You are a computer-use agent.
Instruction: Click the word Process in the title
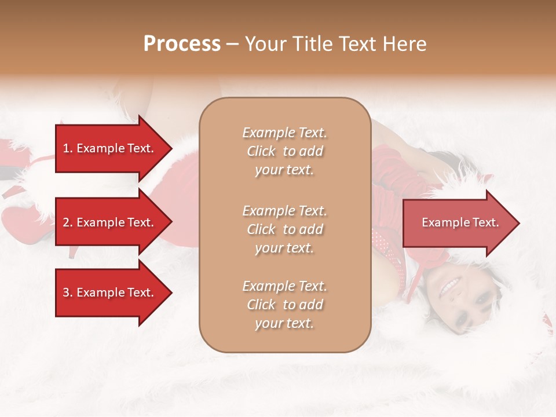pyautogui.click(x=182, y=44)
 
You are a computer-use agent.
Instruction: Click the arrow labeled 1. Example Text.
pyautogui.click(x=110, y=148)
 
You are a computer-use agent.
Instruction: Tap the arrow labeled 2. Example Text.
pyautogui.click(x=110, y=222)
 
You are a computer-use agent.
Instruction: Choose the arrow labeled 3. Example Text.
pyautogui.click(x=110, y=292)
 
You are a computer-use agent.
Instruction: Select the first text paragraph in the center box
pyautogui.click(x=284, y=151)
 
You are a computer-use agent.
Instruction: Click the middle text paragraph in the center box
pyautogui.click(x=284, y=229)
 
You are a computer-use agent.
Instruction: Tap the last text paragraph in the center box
pyautogui.click(x=284, y=305)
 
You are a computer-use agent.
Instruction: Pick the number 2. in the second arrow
pyautogui.click(x=68, y=222)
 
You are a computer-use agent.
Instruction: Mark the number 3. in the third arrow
pyautogui.click(x=68, y=292)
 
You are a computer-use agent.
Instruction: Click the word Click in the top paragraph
pyautogui.click(x=261, y=151)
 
